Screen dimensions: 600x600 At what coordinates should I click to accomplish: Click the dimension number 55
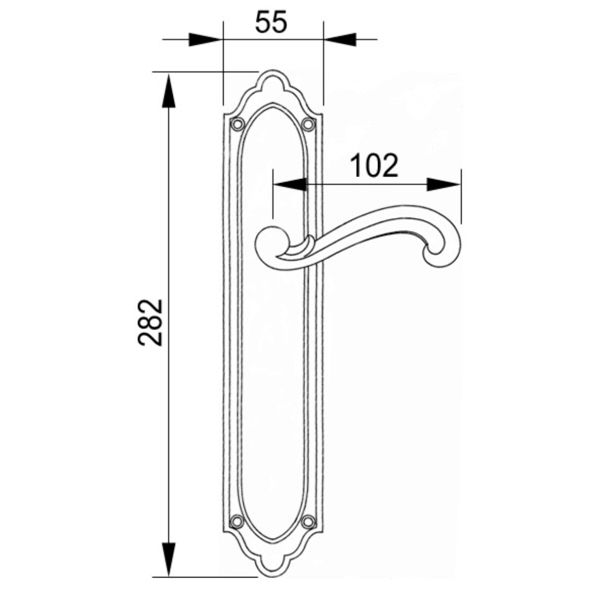pos(270,22)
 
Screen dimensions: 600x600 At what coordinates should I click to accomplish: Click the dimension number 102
pos(374,165)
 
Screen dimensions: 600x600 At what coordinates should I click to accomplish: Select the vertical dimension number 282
pos(150,322)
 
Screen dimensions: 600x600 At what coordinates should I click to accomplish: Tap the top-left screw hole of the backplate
pos(237,124)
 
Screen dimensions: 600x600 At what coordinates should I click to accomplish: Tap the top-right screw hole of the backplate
pos(308,124)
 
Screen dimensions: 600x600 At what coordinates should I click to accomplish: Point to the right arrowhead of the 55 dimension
pos(339,39)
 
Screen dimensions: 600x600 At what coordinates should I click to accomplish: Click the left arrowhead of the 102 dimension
pos(290,184)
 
